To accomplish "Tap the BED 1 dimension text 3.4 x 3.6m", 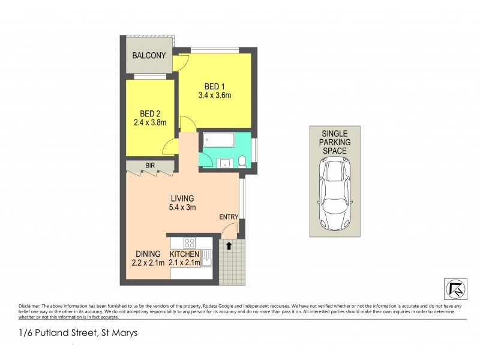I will [215, 95].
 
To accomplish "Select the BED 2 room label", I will [150, 113].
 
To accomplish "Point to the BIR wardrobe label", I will [150, 165].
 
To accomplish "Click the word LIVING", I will [182, 199].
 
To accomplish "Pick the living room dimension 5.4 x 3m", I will [182, 209].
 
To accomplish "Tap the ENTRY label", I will [229, 217].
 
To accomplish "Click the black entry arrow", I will [229, 245].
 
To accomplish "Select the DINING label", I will [148, 254].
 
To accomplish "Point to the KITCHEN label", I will [184, 254].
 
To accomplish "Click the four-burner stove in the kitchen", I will [190, 243].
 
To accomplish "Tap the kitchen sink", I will [207, 257].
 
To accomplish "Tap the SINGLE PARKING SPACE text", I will [335, 142].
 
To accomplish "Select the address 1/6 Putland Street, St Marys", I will [78, 332].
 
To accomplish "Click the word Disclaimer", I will [29, 305].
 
